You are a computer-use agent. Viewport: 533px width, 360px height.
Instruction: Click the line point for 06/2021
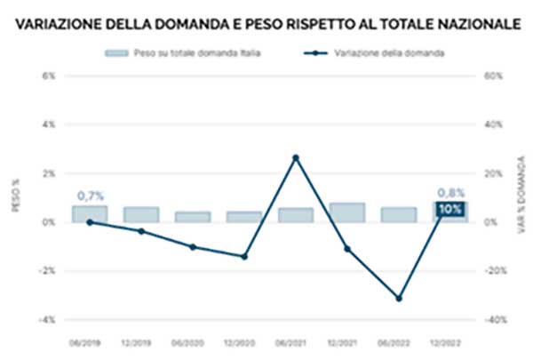tap(295, 157)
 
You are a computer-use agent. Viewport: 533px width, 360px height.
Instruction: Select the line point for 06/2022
tap(398, 298)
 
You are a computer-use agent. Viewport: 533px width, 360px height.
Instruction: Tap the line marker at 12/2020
tap(243, 256)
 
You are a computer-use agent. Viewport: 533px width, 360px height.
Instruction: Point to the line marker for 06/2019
tap(90, 222)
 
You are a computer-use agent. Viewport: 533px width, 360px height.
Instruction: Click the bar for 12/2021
tap(346, 212)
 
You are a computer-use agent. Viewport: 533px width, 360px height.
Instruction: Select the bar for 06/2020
tap(192, 217)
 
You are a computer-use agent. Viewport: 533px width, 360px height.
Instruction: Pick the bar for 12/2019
tap(141, 214)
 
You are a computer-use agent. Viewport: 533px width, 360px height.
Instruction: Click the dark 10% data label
tap(450, 210)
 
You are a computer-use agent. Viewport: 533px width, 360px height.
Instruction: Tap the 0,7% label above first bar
tap(90, 195)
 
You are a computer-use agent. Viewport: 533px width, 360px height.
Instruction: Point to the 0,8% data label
tap(449, 192)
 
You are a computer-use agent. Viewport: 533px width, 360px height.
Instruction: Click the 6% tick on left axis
tap(50, 76)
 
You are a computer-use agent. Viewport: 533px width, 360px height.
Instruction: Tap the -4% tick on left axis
tap(48, 319)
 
